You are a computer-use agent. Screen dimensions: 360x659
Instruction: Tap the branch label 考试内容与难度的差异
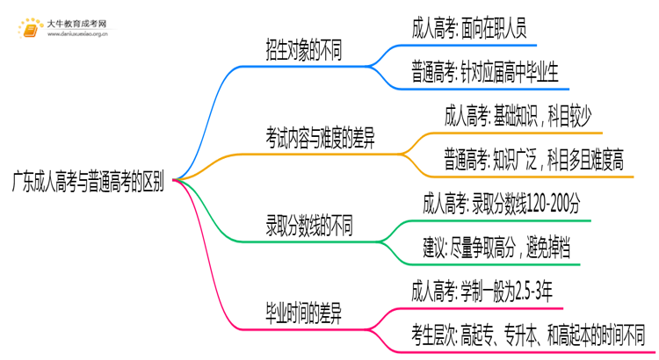coord(321,138)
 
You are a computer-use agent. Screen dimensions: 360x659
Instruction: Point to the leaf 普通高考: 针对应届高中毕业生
coord(496,71)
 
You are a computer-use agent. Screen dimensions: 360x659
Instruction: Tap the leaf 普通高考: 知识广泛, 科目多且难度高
coord(533,159)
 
